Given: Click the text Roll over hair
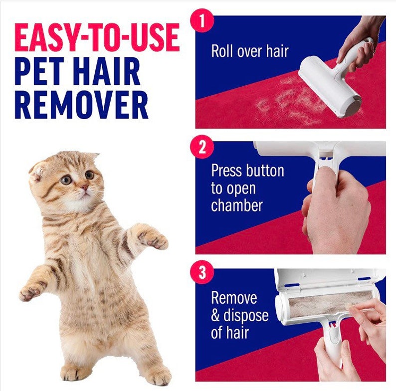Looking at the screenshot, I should tap(250, 51).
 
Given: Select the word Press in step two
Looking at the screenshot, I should tap(229, 171).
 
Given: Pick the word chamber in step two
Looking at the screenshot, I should tap(236, 205).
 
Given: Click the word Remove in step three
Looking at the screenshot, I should tap(234, 298).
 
